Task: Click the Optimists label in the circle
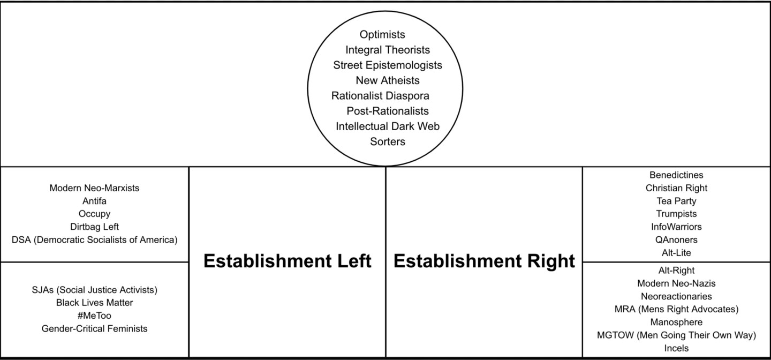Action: (382, 35)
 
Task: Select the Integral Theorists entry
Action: (388, 50)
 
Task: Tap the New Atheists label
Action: (388, 80)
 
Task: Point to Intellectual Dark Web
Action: (388, 126)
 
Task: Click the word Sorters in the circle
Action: (388, 141)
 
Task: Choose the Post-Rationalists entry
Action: (388, 111)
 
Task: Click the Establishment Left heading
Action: (288, 261)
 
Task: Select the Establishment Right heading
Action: (484, 261)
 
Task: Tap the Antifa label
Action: (94, 201)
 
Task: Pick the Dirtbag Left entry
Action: (94, 227)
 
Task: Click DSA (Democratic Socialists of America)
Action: (94, 239)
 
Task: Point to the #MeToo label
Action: (94, 316)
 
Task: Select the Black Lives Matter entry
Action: (94, 303)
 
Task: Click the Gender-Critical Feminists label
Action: (94, 328)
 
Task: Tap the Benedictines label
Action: (676, 175)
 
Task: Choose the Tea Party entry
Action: (676, 201)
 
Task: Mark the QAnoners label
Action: (676, 239)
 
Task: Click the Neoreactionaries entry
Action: (676, 296)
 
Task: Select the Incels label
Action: (676, 348)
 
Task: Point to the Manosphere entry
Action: (676, 322)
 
